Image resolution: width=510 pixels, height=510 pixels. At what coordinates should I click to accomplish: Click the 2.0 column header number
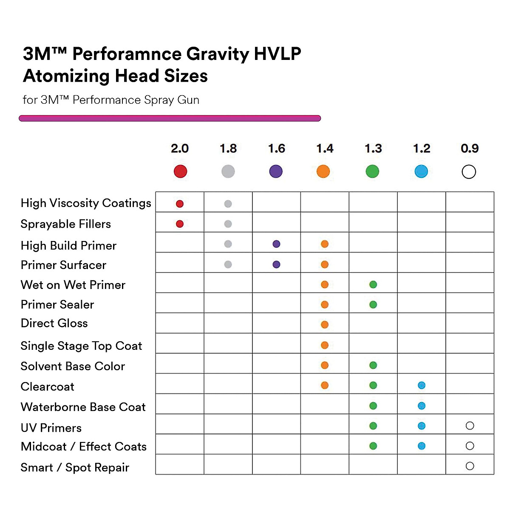(x=179, y=148)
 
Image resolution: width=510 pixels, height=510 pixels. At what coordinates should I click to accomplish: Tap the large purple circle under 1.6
(x=276, y=171)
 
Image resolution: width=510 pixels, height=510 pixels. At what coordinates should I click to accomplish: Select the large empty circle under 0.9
(x=469, y=172)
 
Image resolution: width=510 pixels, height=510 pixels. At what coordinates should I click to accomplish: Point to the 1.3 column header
(x=373, y=148)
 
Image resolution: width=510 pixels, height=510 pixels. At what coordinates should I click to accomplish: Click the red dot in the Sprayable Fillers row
(x=180, y=224)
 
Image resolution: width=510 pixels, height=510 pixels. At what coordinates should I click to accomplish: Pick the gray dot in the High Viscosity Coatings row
(x=228, y=204)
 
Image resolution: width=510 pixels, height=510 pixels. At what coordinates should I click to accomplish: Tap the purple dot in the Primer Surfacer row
(x=276, y=264)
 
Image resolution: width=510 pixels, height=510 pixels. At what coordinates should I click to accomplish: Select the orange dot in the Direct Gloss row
(x=325, y=325)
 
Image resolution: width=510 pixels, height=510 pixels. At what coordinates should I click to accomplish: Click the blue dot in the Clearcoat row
(x=422, y=385)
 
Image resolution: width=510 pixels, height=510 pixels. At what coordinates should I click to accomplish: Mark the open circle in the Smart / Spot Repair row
(x=470, y=466)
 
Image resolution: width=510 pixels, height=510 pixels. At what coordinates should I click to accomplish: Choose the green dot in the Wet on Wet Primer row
(x=373, y=285)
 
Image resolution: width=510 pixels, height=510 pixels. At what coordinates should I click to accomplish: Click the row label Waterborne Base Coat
(x=83, y=407)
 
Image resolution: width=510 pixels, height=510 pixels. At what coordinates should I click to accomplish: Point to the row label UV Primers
(x=51, y=428)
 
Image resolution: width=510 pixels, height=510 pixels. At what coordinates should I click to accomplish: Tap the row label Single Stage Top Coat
(x=81, y=346)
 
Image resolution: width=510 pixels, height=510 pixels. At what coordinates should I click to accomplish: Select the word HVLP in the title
(x=277, y=54)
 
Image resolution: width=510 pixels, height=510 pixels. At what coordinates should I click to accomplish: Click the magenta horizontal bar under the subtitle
(x=170, y=119)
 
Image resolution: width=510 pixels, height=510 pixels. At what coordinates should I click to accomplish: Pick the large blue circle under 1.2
(x=421, y=171)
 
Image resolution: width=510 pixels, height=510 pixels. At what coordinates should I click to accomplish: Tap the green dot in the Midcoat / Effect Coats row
(x=373, y=446)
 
